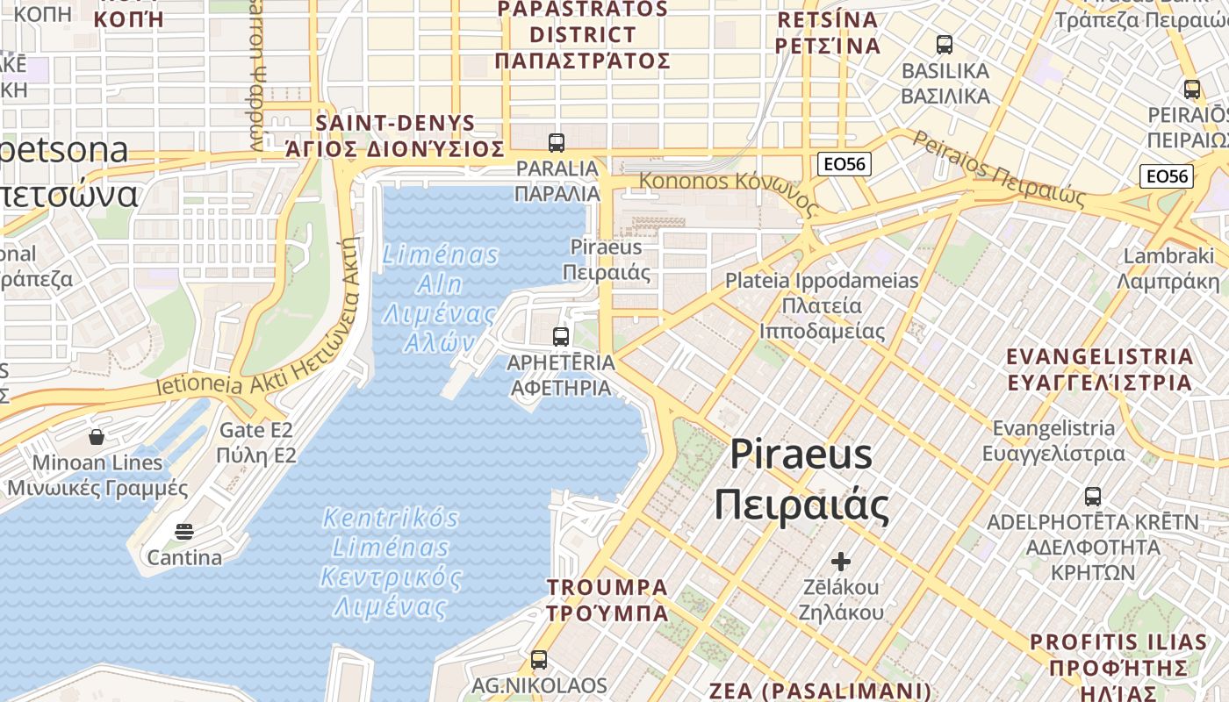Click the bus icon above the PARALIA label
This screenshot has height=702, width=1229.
tap(556, 142)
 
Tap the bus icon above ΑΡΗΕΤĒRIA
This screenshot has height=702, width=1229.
tap(560, 336)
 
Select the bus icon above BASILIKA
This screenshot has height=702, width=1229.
tap(945, 45)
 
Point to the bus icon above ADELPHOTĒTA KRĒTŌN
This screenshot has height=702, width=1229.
tap(1092, 497)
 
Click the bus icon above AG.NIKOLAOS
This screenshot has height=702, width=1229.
tap(539, 659)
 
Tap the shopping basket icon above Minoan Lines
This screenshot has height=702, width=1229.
tap(97, 436)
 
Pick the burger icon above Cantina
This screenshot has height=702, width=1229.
tap(184, 531)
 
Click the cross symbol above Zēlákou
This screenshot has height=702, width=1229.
tap(841, 561)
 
